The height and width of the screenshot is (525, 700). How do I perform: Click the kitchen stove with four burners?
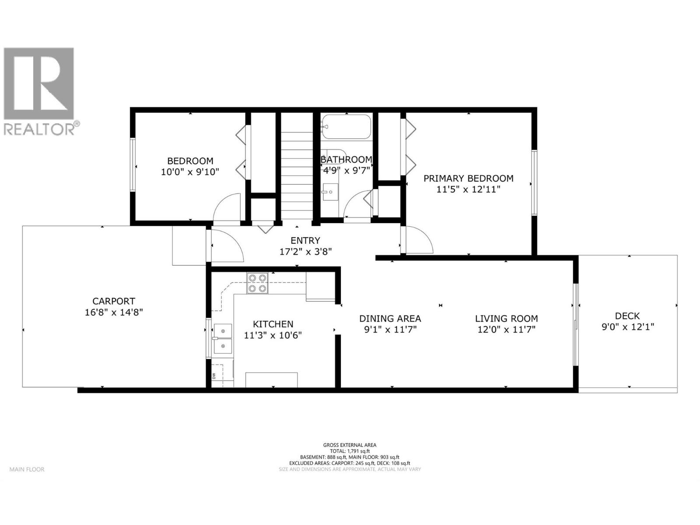(x=257, y=283)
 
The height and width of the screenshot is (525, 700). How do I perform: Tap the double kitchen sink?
(x=223, y=338)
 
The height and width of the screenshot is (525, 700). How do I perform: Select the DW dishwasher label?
(x=214, y=376)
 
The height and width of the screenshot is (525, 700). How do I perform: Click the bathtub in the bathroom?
(x=346, y=127)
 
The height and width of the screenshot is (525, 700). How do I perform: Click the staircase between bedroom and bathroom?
(x=297, y=166)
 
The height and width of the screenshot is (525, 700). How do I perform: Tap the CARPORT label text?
(x=114, y=301)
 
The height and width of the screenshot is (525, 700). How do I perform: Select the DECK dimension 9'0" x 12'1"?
(x=627, y=327)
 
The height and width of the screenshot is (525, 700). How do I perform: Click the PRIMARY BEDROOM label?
(x=468, y=178)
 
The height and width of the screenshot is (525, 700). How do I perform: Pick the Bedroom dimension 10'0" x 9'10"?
(x=190, y=172)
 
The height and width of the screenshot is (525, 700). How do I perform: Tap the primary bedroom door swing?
(x=418, y=240)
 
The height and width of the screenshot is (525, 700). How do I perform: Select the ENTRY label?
(x=305, y=240)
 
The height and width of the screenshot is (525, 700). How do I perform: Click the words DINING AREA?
(x=390, y=318)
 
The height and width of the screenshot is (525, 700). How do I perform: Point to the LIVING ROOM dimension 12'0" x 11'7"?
(x=506, y=329)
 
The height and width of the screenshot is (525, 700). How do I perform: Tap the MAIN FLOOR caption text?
(x=27, y=469)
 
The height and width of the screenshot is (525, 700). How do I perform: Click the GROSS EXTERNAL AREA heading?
(x=350, y=445)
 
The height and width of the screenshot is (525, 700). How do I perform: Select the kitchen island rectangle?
(x=272, y=379)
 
